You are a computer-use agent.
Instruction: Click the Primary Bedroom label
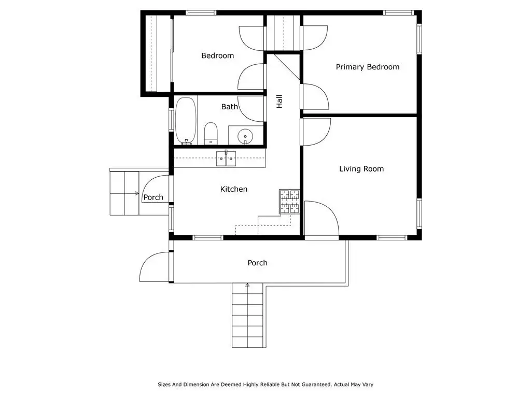(368, 67)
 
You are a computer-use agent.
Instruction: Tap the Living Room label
(361, 169)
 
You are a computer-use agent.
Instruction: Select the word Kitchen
(234, 189)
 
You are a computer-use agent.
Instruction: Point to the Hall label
(280, 102)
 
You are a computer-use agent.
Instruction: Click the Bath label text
(229, 107)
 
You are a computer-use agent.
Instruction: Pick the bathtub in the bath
(186, 121)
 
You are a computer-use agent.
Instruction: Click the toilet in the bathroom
(211, 133)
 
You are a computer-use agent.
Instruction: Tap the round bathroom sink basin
(245, 136)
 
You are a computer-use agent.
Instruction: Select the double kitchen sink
(226, 159)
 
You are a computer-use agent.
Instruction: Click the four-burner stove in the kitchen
(289, 202)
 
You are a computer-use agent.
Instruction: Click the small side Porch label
(153, 197)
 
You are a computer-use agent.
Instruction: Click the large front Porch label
(257, 263)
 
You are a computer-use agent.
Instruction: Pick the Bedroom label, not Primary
(217, 55)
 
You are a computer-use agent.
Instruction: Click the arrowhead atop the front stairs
(247, 286)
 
